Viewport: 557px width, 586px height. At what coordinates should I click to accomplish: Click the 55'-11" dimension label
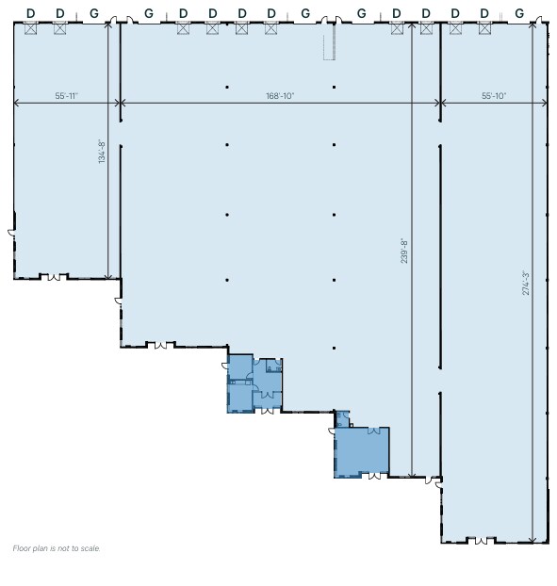tap(67, 96)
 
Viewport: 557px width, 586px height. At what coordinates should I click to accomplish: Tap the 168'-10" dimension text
tap(280, 96)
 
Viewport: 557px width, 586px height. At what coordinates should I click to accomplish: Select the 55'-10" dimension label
tap(494, 96)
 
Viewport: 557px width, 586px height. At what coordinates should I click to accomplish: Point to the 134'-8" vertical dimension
tap(101, 152)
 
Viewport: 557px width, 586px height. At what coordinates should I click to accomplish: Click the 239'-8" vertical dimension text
tap(404, 252)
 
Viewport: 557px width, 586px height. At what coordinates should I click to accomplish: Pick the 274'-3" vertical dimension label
tap(526, 283)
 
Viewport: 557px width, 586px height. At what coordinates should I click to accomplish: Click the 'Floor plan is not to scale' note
tap(57, 548)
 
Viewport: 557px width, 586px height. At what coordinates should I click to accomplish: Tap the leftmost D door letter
tap(31, 13)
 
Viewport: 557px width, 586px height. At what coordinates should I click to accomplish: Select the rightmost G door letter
tap(519, 13)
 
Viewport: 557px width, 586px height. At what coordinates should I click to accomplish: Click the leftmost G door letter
tap(94, 13)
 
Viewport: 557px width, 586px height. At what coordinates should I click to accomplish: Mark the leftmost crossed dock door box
tap(31, 28)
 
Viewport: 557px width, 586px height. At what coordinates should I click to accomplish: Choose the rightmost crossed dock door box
tap(484, 28)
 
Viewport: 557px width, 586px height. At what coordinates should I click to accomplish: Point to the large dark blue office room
tap(362, 452)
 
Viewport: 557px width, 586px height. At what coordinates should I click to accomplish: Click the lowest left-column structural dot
tap(227, 280)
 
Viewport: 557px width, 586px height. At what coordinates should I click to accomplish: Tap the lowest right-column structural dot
tap(334, 348)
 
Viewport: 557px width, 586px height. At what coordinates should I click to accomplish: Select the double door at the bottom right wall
tap(482, 541)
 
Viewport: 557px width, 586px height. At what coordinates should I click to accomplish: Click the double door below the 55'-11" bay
tap(55, 277)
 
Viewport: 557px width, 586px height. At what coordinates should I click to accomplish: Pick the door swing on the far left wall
tap(11, 233)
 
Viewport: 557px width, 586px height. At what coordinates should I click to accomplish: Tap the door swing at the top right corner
tap(539, 20)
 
